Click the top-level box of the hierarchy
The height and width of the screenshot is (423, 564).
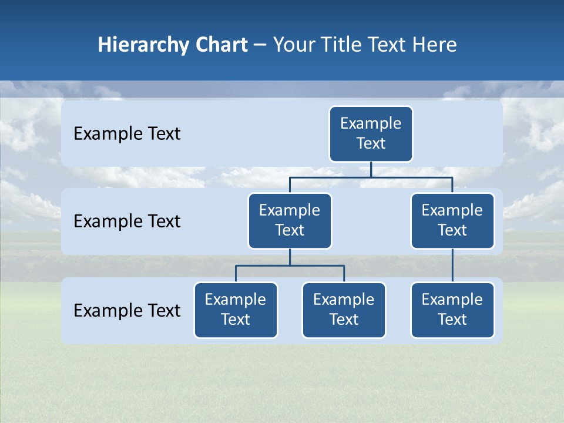coord(371,134)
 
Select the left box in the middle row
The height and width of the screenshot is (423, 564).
coord(290,221)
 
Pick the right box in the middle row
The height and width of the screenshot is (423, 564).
coord(452,221)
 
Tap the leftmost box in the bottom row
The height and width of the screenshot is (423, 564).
coord(236,310)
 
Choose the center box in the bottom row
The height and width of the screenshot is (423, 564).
coord(344,310)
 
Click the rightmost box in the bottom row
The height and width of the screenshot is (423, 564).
coord(452,310)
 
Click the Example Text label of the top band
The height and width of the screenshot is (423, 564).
coord(127,134)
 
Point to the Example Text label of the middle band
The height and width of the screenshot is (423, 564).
coord(127,221)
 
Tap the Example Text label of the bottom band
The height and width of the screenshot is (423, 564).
coord(127,310)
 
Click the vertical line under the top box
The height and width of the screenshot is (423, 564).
coord(371,169)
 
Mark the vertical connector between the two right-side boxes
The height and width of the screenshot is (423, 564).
coord(452,266)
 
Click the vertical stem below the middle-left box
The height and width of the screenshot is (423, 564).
coord(290,257)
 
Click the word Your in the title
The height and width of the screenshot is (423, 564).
coord(293,45)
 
